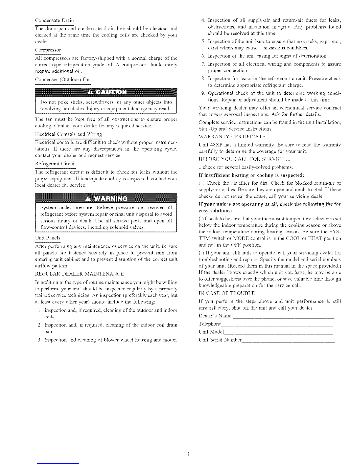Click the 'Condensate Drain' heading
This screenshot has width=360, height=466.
54,20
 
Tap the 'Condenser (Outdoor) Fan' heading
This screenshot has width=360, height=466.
63,79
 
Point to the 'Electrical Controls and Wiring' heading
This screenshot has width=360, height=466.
68,134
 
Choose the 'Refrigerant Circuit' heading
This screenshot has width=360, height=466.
55,164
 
